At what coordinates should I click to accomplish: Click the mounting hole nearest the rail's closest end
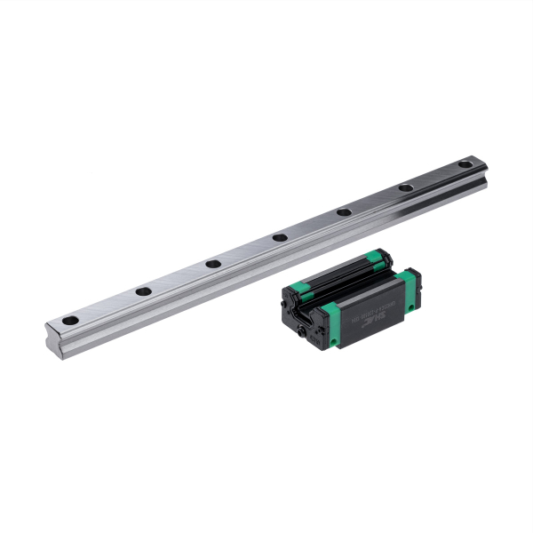(x=70, y=319)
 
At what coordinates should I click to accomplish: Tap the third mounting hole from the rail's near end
(x=212, y=263)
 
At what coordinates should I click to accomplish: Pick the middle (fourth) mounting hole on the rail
(x=279, y=236)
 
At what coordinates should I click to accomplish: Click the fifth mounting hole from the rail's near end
(x=344, y=211)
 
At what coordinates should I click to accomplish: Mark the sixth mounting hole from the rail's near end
(x=405, y=187)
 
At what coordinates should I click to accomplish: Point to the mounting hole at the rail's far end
(x=465, y=164)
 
